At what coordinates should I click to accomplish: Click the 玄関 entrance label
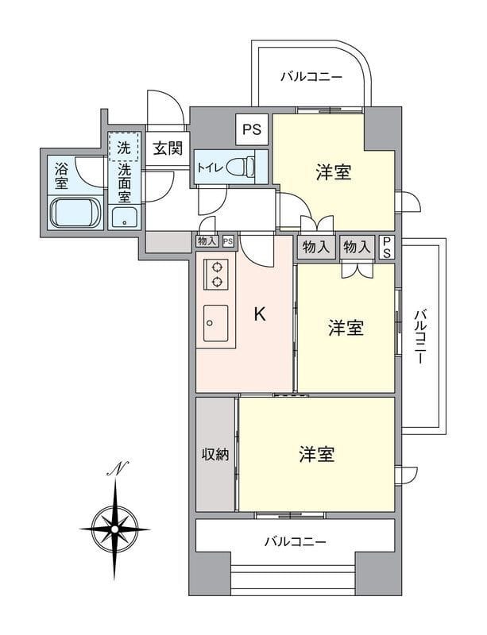pyautogui.click(x=168, y=147)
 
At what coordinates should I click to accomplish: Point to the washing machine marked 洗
pyautogui.click(x=125, y=147)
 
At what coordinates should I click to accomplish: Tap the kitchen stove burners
pyautogui.click(x=217, y=274)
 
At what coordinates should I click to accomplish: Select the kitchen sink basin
pyautogui.click(x=216, y=321)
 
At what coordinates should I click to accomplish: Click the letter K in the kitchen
pyautogui.click(x=259, y=314)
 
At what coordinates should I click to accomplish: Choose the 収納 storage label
pyautogui.click(x=215, y=455)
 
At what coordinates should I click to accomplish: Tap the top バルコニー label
pyautogui.click(x=311, y=77)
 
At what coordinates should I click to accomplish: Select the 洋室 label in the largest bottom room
pyautogui.click(x=316, y=455)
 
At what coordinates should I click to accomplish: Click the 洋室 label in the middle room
pyautogui.click(x=346, y=328)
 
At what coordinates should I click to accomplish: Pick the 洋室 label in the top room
pyautogui.click(x=334, y=172)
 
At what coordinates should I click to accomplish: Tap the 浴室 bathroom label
pyautogui.click(x=61, y=175)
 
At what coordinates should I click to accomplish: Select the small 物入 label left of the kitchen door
pyautogui.click(x=207, y=241)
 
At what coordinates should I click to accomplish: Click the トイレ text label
pyautogui.click(x=209, y=167)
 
